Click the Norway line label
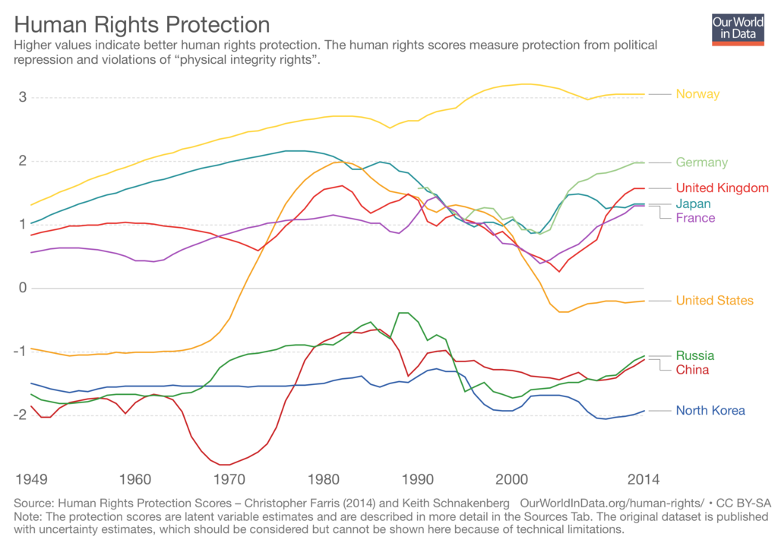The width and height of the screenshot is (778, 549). coord(697,94)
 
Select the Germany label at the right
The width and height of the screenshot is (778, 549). coord(701,162)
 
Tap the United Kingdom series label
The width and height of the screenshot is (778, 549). coord(722,188)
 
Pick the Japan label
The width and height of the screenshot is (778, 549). coord(693,204)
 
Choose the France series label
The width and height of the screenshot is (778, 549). coord(695,218)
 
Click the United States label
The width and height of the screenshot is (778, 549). coord(714,301)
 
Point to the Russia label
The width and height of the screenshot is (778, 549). coord(694,355)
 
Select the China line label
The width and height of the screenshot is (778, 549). coord(692,370)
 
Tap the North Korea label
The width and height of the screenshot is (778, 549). coord(710,411)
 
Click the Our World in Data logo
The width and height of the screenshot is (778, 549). coord(738,28)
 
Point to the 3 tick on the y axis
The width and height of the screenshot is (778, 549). coord(24,97)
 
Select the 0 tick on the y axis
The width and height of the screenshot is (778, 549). coord(24,288)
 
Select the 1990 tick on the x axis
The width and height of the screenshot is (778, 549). coord(417,479)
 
